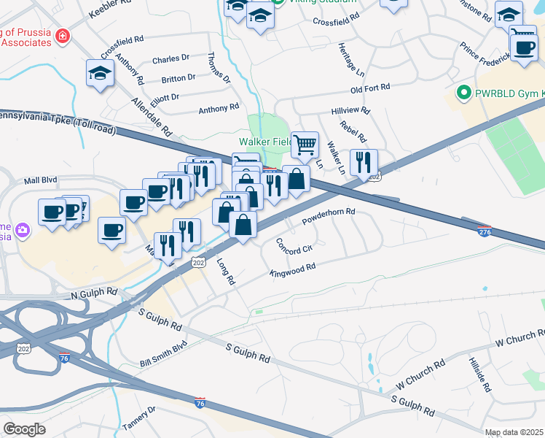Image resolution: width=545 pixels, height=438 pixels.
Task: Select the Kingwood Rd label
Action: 292,270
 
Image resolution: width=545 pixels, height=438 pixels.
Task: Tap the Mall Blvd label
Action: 40,180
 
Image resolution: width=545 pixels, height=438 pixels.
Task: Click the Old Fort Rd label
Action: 370,88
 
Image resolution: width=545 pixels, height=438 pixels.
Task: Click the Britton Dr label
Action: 179,77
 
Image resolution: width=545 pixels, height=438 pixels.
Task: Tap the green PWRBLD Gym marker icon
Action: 462,93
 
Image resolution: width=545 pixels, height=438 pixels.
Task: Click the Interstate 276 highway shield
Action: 485,231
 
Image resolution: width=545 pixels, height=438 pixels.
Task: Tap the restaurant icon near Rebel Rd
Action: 363,162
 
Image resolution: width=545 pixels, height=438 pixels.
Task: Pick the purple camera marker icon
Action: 23,231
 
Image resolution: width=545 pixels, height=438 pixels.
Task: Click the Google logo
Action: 24,429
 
